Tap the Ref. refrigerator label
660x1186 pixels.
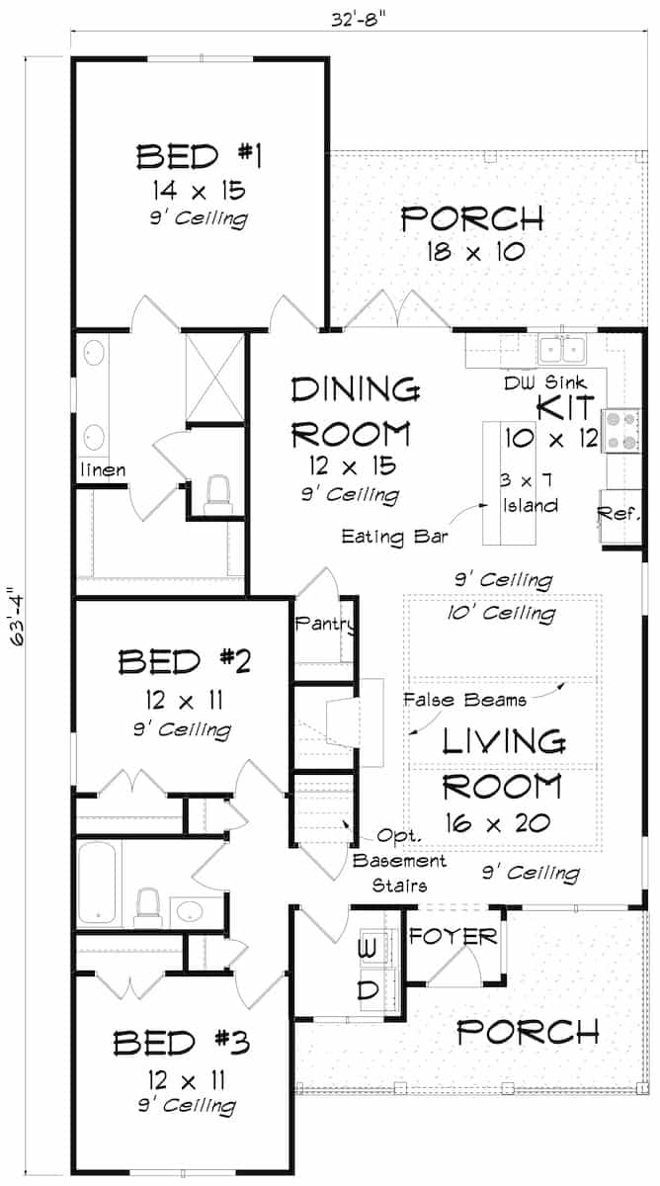click(619, 514)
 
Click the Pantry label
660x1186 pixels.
click(324, 625)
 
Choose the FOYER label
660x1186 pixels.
click(454, 936)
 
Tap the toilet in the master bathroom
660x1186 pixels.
click(216, 494)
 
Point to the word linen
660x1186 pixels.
click(102, 469)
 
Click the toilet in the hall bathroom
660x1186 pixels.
click(147, 903)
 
